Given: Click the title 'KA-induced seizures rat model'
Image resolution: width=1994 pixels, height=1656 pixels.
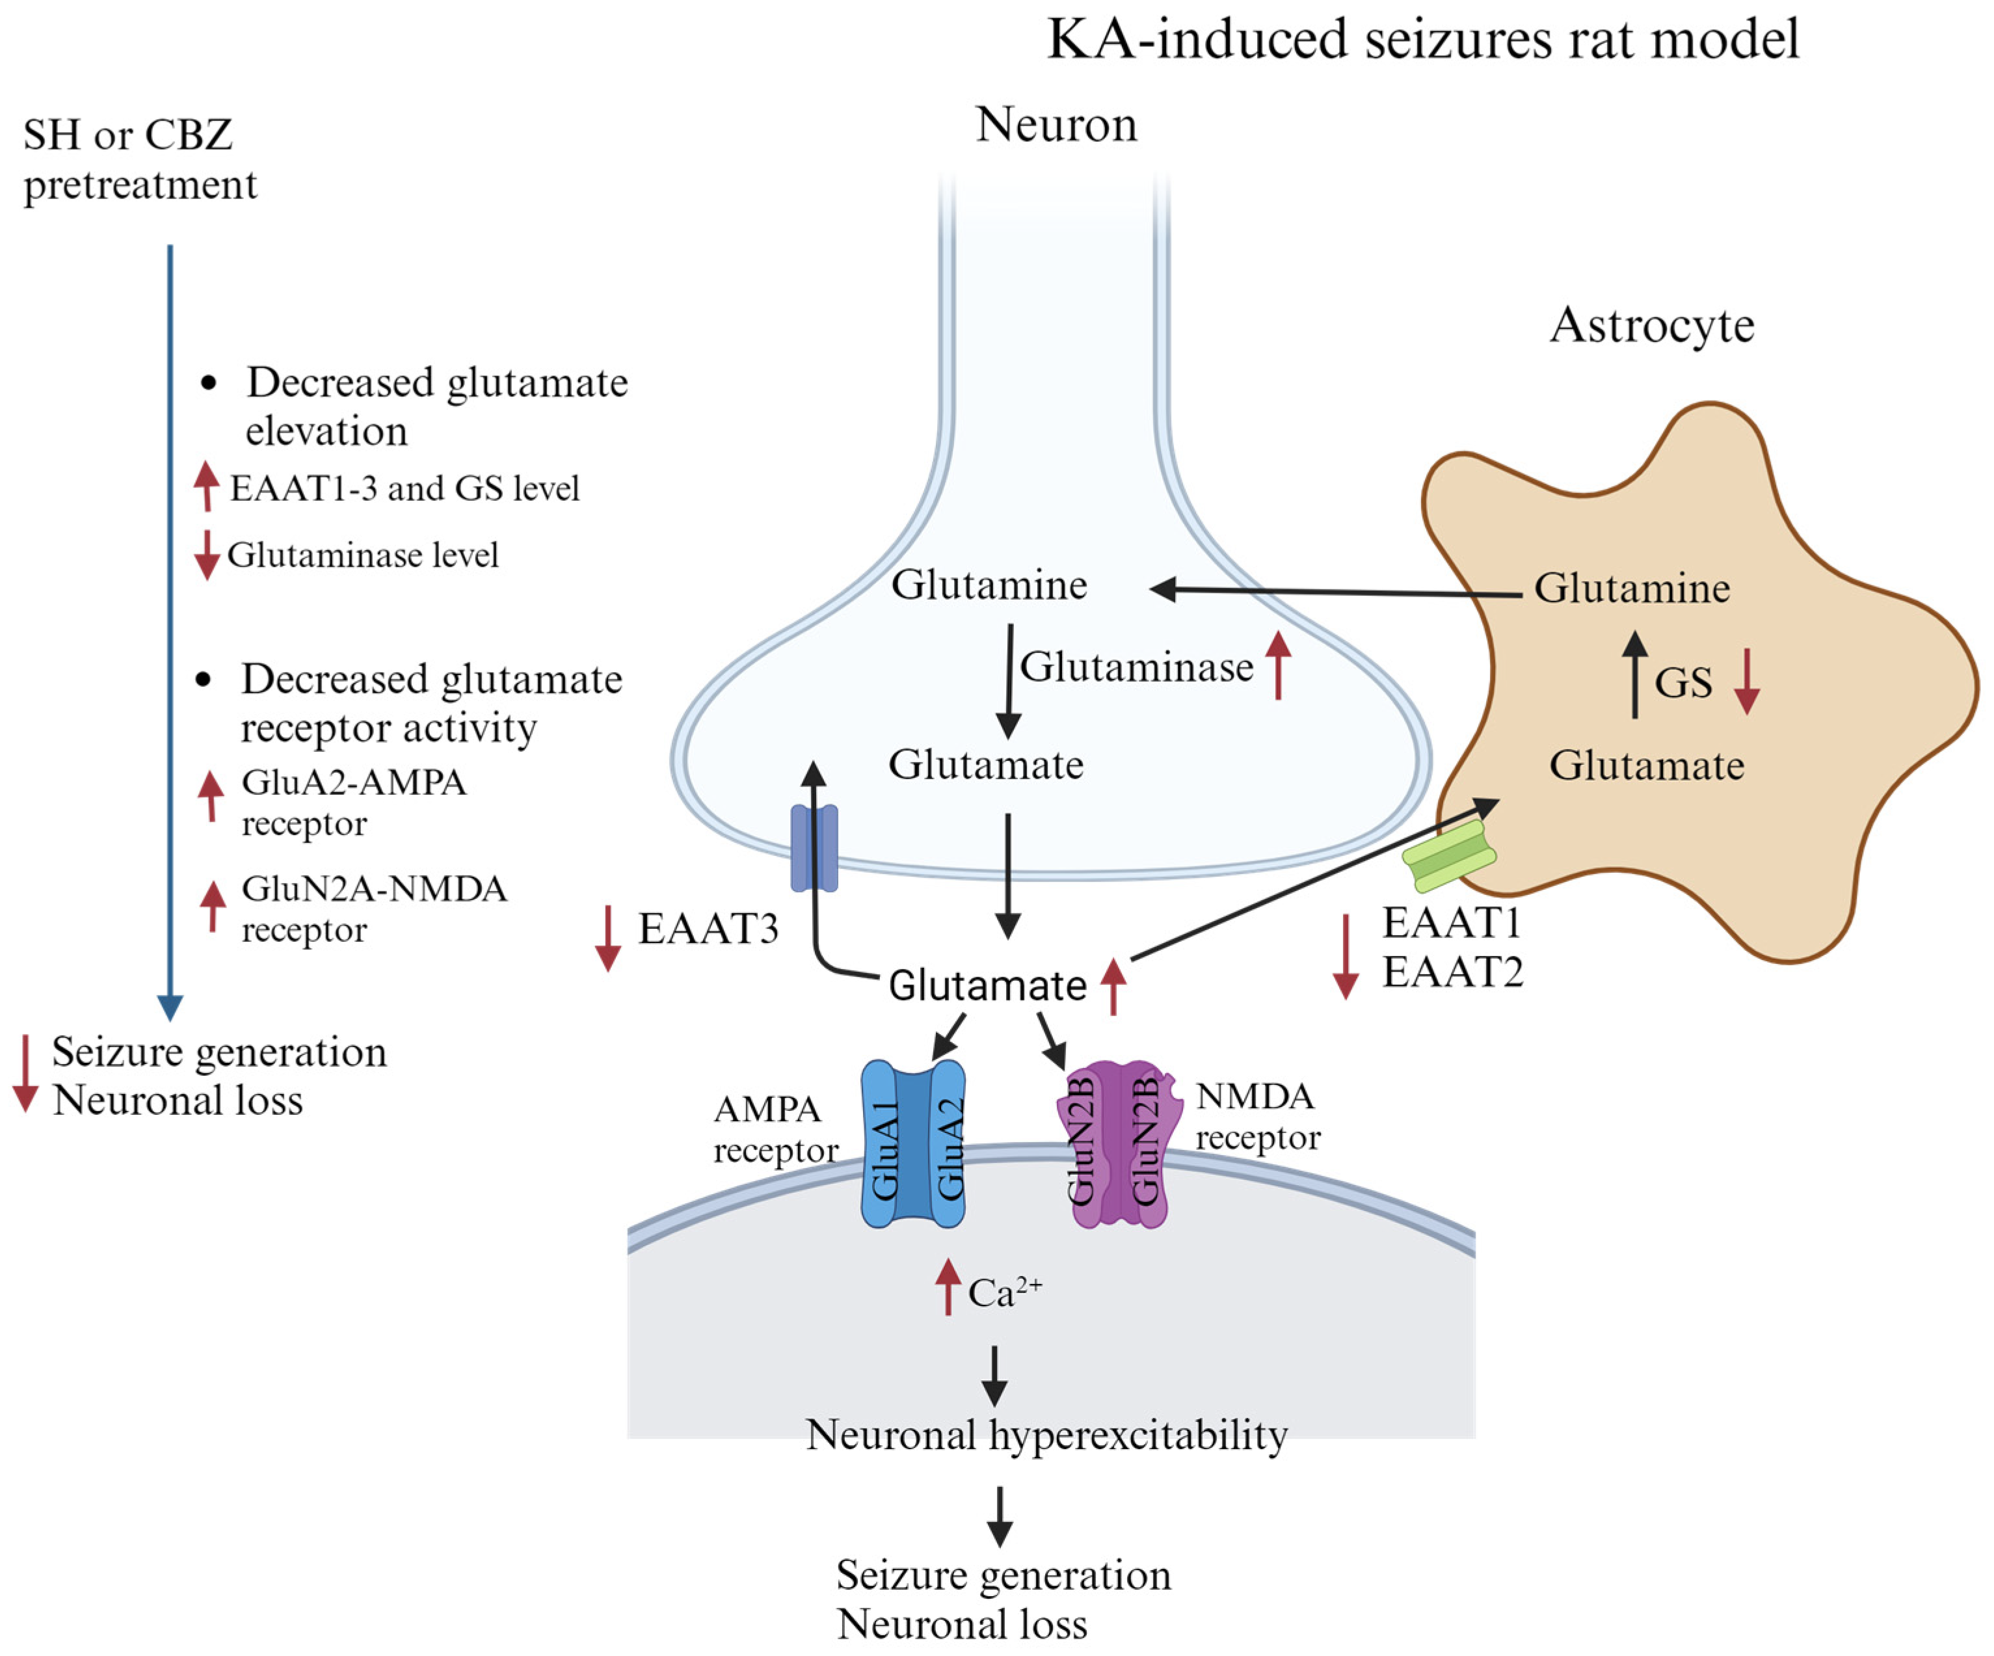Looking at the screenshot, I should [1422, 40].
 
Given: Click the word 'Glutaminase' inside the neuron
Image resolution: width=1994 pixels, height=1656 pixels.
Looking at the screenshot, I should [1136, 667].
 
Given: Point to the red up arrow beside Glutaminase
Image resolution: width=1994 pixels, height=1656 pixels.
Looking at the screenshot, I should [1278, 665].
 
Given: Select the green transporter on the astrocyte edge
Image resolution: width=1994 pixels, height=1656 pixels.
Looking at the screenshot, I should [1448, 855].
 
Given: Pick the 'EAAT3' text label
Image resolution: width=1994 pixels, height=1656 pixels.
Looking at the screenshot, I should [708, 929].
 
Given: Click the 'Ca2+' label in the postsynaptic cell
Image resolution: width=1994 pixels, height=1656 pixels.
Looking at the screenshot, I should [1003, 1292].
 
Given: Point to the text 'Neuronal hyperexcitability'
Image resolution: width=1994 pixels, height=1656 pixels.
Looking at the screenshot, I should [1046, 1435].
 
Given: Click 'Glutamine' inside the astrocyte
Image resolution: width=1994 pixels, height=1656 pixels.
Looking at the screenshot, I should [1631, 588].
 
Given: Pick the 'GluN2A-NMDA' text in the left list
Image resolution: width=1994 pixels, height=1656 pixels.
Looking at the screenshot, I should [374, 888].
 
